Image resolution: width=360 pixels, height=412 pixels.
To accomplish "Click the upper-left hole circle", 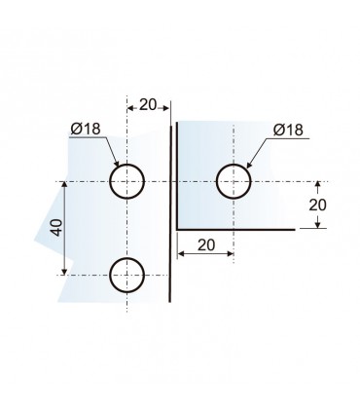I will (x=127, y=181).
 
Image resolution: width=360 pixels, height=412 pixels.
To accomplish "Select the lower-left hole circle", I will (x=127, y=275).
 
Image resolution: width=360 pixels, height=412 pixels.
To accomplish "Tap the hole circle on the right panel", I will (x=234, y=181).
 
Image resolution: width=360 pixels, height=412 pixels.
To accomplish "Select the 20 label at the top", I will (x=148, y=104).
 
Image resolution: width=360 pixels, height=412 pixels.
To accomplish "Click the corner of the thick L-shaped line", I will (x=176, y=228).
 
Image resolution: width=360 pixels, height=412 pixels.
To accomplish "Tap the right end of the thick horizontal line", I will (x=294, y=228).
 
